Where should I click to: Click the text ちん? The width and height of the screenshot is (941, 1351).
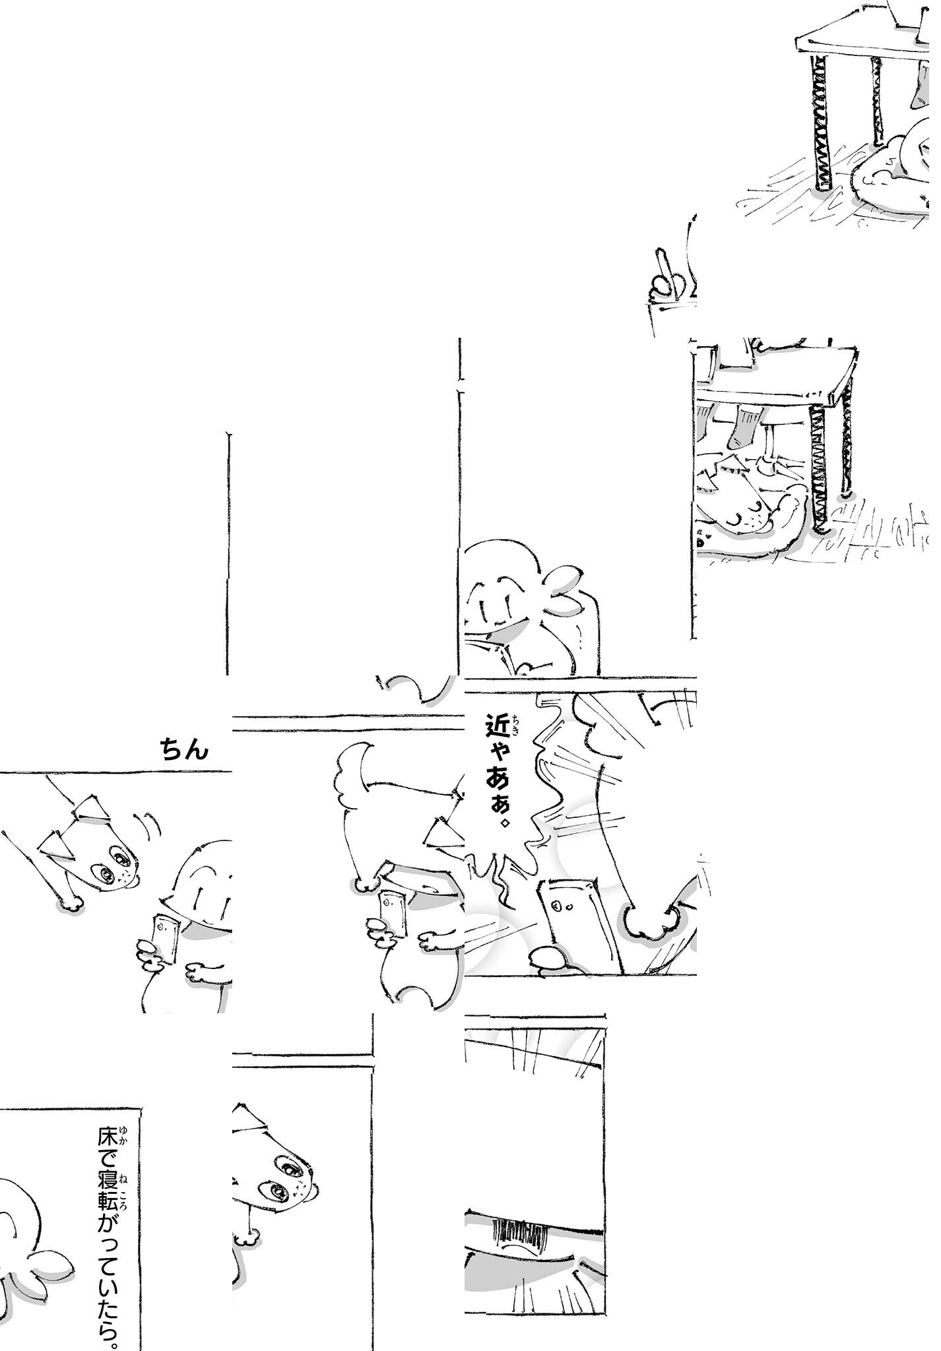(185, 749)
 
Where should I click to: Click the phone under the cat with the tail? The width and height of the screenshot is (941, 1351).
(393, 914)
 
